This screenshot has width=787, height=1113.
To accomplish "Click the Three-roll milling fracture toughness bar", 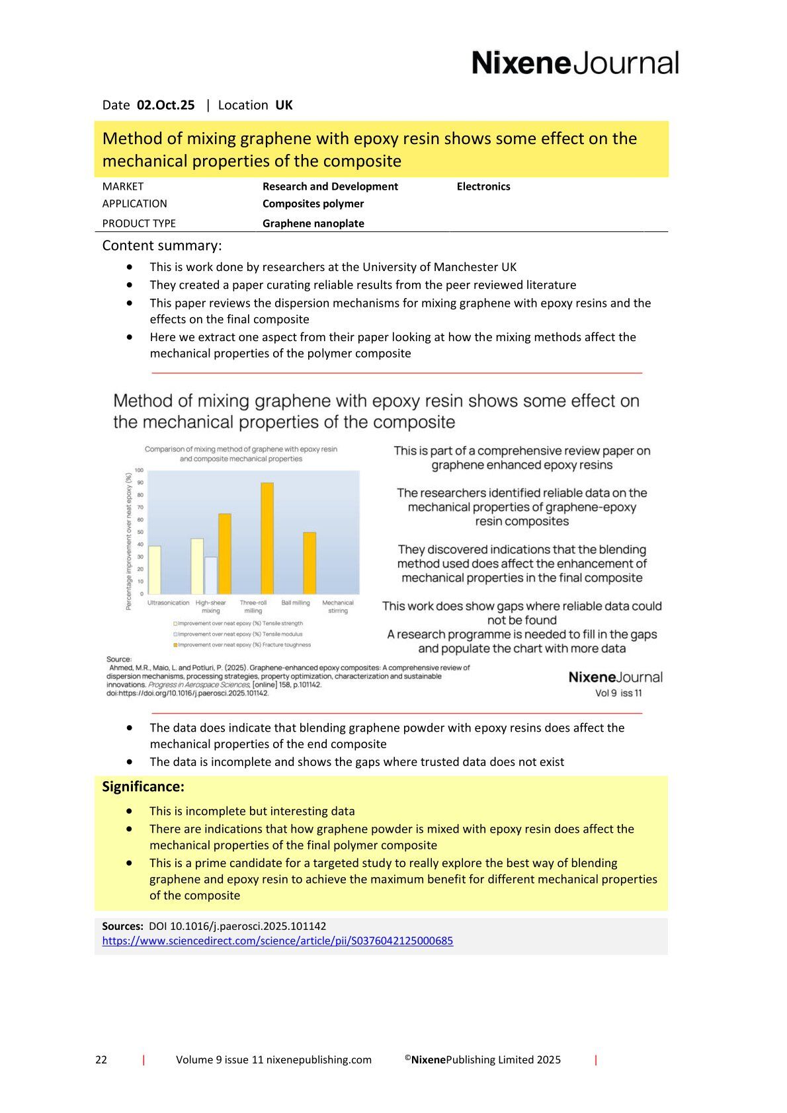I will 267,538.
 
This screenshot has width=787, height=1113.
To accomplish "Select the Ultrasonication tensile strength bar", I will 154,570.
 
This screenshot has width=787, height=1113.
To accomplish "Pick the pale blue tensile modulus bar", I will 210,576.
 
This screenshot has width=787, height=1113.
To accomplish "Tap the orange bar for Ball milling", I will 310,563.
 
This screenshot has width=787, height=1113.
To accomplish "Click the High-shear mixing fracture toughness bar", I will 225,554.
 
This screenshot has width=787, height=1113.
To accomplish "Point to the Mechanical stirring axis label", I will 337,606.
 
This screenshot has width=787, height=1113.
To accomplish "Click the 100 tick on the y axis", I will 139,470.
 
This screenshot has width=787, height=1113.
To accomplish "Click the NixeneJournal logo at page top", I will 575,63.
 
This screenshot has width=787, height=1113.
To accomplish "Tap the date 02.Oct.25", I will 165,105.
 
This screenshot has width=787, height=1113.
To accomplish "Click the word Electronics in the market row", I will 483,186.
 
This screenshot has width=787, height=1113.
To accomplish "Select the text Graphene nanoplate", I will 313,223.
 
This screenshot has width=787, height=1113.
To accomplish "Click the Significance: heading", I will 143,787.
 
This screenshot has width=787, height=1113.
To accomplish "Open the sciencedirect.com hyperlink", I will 277,940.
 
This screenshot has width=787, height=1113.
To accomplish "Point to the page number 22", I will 101,1059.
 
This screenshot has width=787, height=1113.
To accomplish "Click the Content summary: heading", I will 162,246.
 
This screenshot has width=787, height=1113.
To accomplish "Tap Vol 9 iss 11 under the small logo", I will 618,693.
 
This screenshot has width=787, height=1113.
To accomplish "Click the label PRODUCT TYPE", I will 139,223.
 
